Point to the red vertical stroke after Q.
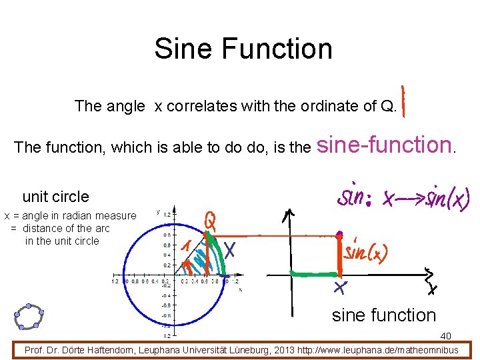point(405,99)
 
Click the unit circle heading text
point(55,197)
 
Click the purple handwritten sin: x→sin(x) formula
point(403,197)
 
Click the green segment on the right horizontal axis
point(313,273)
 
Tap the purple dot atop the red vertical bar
point(339,235)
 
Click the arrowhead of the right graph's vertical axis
point(289,214)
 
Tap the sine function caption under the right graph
point(383,315)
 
